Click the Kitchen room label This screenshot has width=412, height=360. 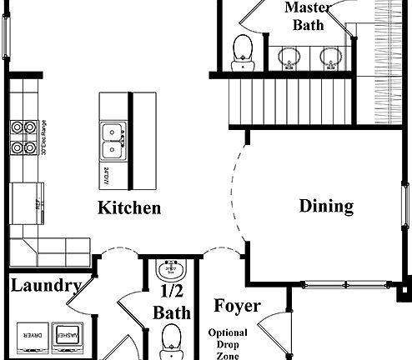click(x=129, y=207)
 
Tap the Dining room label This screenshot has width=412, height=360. click(x=326, y=206)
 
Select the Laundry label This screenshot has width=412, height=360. click(x=46, y=286)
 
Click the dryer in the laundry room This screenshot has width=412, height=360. click(x=29, y=335)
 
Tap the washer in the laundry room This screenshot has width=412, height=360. click(x=66, y=335)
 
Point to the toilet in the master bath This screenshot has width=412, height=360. click(x=243, y=48)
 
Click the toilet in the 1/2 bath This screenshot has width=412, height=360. click(x=172, y=341)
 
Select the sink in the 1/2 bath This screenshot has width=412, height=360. click(x=173, y=271)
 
